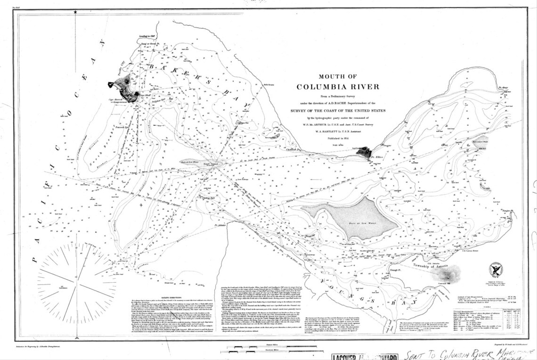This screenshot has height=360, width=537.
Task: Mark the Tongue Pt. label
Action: (508, 210)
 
